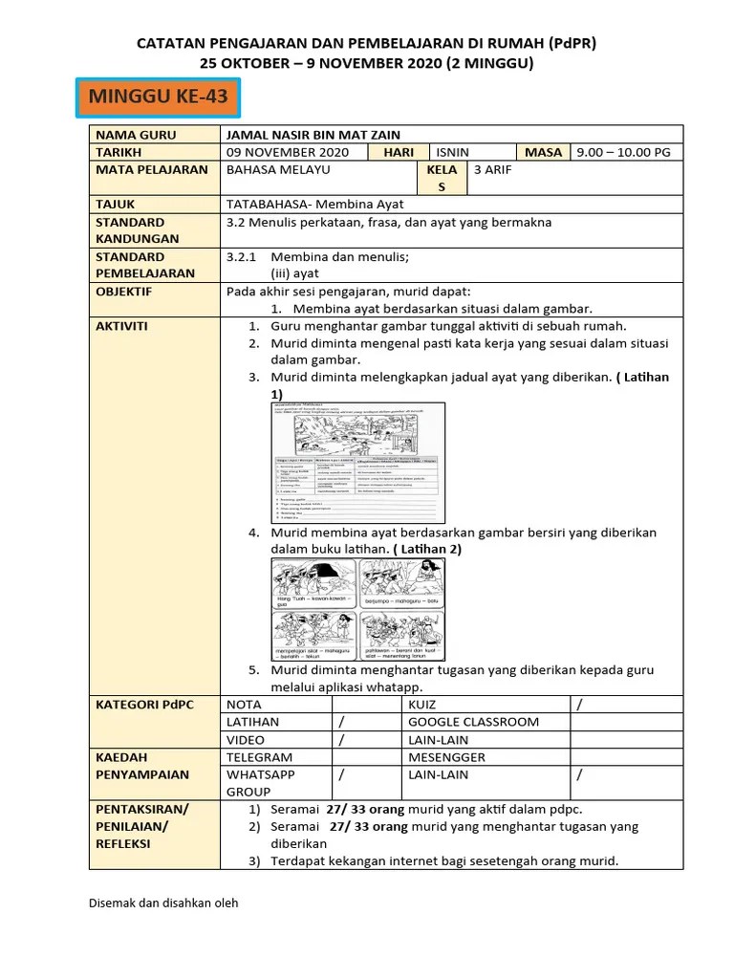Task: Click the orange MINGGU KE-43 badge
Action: [x=158, y=98]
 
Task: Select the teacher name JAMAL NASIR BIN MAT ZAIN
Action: [x=313, y=135]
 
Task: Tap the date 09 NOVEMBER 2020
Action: [x=288, y=152]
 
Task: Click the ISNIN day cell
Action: [x=453, y=152]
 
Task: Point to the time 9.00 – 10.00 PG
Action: [x=623, y=152]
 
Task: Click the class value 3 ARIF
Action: [x=494, y=169]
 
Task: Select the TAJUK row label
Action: [x=116, y=204]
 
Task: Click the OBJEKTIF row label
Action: [x=123, y=292]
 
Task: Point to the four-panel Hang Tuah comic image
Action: [x=356, y=609]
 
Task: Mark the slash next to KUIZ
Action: [x=578, y=705]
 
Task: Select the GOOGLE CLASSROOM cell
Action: [x=473, y=722]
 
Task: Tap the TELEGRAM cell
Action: [x=259, y=756]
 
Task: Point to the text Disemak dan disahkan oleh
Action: [x=162, y=903]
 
